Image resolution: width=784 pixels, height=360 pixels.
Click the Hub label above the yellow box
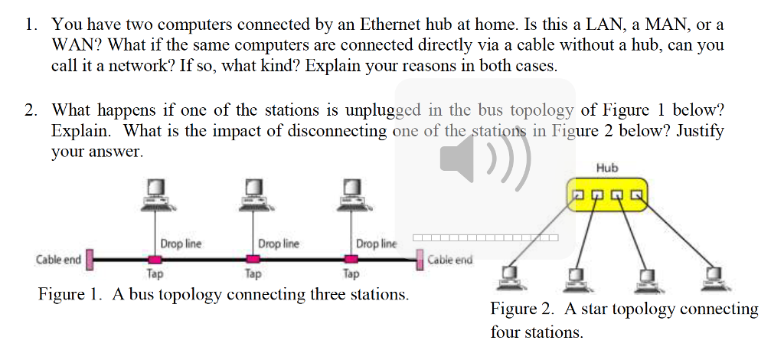tap(607, 168)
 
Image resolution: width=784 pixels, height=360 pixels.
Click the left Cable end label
tap(58, 260)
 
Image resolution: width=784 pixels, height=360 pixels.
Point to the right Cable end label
tap(449, 260)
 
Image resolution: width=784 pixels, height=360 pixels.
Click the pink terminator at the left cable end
tap(89, 260)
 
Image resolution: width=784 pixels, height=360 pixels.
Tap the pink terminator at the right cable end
tap(419, 260)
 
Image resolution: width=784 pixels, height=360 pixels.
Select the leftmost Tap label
tap(154, 273)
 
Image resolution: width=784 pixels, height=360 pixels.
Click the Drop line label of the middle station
tap(279, 244)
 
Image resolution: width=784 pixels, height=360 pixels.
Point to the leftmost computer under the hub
tap(510, 279)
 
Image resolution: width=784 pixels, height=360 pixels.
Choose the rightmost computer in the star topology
tap(716, 279)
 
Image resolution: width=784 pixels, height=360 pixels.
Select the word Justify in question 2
tap(698, 130)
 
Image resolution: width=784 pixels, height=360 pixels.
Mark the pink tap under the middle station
tap(253, 260)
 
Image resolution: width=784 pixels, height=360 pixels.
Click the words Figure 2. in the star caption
tap(523, 310)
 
